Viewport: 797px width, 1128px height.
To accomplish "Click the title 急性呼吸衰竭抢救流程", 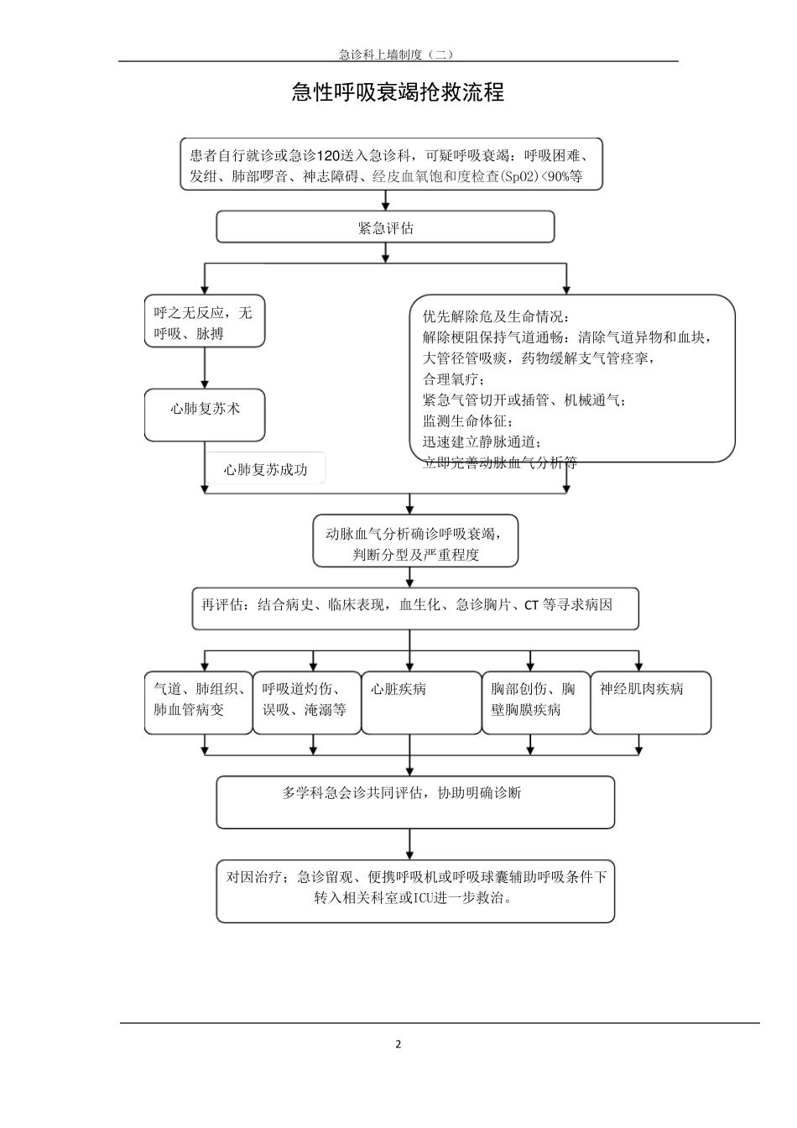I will point(398,92).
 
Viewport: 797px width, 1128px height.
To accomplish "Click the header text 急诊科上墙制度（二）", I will point(396,55).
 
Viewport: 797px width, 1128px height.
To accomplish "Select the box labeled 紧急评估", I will point(385,227).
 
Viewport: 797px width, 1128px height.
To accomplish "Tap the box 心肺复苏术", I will point(205,414).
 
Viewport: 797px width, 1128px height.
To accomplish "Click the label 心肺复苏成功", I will point(266,470).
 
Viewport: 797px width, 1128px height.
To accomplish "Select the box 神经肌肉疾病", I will point(650,702).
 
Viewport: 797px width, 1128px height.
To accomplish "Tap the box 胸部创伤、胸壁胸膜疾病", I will point(535,702).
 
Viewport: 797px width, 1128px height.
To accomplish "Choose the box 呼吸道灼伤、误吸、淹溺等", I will point(306,702).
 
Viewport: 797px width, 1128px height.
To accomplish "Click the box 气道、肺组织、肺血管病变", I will point(199,702).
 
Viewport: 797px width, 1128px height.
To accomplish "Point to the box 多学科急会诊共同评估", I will point(415,802).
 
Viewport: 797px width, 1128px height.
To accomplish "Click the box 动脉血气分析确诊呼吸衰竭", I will point(415,543).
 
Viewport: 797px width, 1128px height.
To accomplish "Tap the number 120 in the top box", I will point(330,156).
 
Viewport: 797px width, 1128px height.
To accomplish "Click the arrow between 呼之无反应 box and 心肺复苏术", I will point(205,368).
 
